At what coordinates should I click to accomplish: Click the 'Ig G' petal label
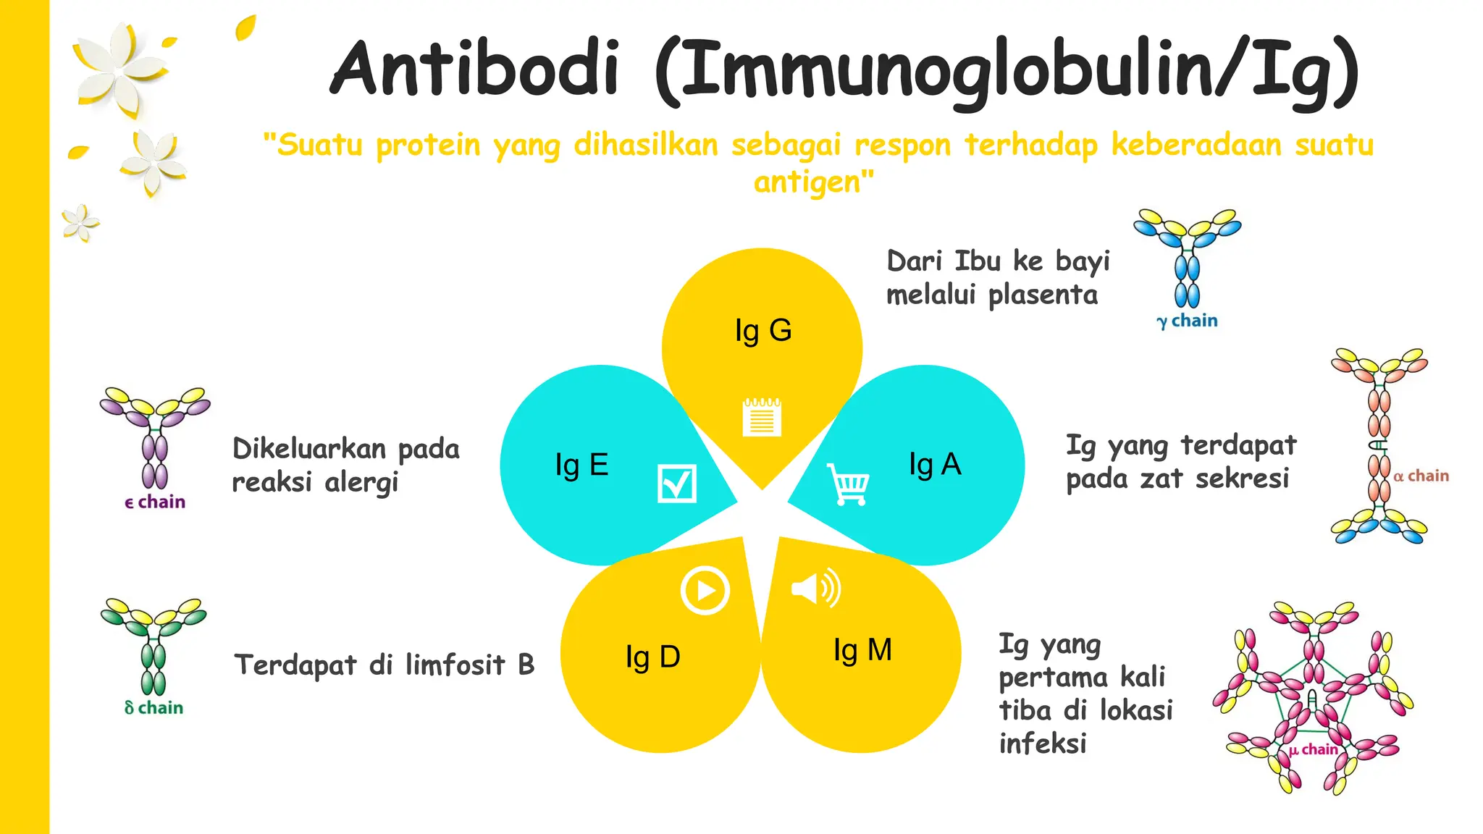tap(763, 331)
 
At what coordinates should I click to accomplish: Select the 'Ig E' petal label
tap(581, 465)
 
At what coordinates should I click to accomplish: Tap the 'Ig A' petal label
tap(935, 464)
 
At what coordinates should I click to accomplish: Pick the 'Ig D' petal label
tap(652, 657)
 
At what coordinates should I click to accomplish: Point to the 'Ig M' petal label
tap(862, 650)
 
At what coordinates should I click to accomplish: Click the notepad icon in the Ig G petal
tap(762, 417)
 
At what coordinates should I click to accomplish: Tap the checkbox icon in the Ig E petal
tap(676, 484)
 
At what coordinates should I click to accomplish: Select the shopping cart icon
tap(849, 484)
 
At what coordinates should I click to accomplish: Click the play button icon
tap(705, 591)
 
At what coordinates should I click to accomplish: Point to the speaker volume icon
tap(816, 588)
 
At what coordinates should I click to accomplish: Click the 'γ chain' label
tap(1187, 321)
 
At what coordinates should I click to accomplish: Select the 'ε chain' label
tap(155, 502)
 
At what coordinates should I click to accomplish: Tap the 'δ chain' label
tap(154, 707)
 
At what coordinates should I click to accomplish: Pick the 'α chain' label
tap(1421, 476)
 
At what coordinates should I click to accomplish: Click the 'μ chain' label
tap(1313, 749)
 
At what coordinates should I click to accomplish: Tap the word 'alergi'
tap(361, 482)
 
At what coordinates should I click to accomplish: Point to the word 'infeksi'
tap(1043, 744)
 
